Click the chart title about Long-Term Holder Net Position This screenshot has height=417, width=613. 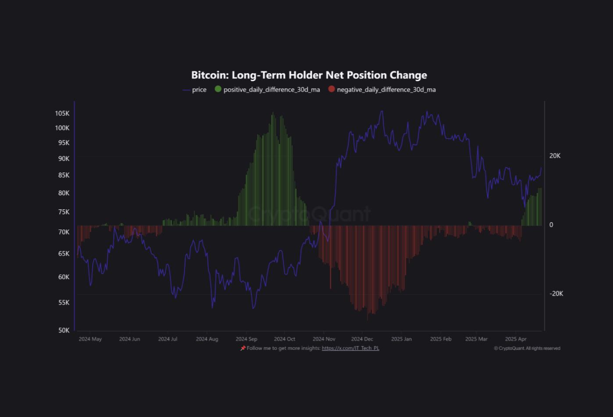pyautogui.click(x=309, y=75)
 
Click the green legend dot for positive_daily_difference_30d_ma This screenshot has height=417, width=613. pyautogui.click(x=218, y=89)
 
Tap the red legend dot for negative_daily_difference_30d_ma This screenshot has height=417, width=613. pyautogui.click(x=331, y=89)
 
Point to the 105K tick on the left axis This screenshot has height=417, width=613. pyautogui.click(x=62, y=113)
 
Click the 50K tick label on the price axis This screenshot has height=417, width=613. pyautogui.click(x=64, y=330)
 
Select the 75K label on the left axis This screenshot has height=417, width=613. pyautogui.click(x=64, y=212)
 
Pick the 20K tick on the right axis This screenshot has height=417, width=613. pyautogui.click(x=555, y=156)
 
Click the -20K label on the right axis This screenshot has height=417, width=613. pyautogui.click(x=556, y=294)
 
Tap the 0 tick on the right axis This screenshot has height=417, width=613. pyautogui.click(x=551, y=225)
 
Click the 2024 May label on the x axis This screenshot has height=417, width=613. pyautogui.click(x=90, y=339)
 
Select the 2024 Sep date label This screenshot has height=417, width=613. pyautogui.click(x=246, y=339)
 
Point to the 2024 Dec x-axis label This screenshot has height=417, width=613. pyautogui.click(x=362, y=339)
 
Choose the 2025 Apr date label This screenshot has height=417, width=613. pyautogui.click(x=516, y=339)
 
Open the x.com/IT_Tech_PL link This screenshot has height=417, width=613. pyautogui.click(x=350, y=348)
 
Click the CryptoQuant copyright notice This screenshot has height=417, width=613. pyautogui.click(x=527, y=349)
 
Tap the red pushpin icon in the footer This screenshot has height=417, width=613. pyautogui.click(x=243, y=348)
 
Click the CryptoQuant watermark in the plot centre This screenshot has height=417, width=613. pyautogui.click(x=309, y=214)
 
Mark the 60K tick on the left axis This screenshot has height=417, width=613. pyautogui.click(x=64, y=277)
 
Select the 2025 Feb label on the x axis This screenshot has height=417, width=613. pyautogui.click(x=441, y=339)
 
